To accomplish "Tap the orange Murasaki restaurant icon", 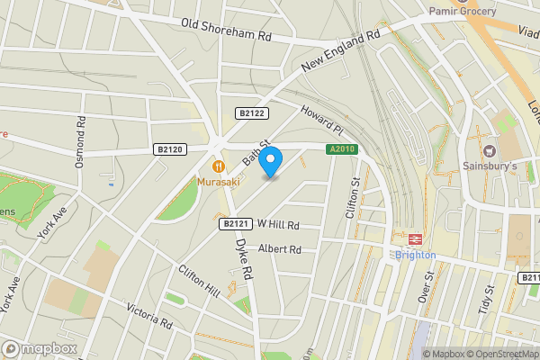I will (x=218, y=166).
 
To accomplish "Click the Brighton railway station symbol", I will (x=416, y=238).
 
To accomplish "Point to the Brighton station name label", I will (x=416, y=255).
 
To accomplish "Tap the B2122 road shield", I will (x=251, y=112).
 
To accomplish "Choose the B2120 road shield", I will (x=168, y=149).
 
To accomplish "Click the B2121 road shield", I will (x=233, y=223).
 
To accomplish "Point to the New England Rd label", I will (x=341, y=53).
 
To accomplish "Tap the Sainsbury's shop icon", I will (x=490, y=151).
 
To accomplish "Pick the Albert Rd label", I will (x=279, y=249).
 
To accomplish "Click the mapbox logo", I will (x=38, y=348).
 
